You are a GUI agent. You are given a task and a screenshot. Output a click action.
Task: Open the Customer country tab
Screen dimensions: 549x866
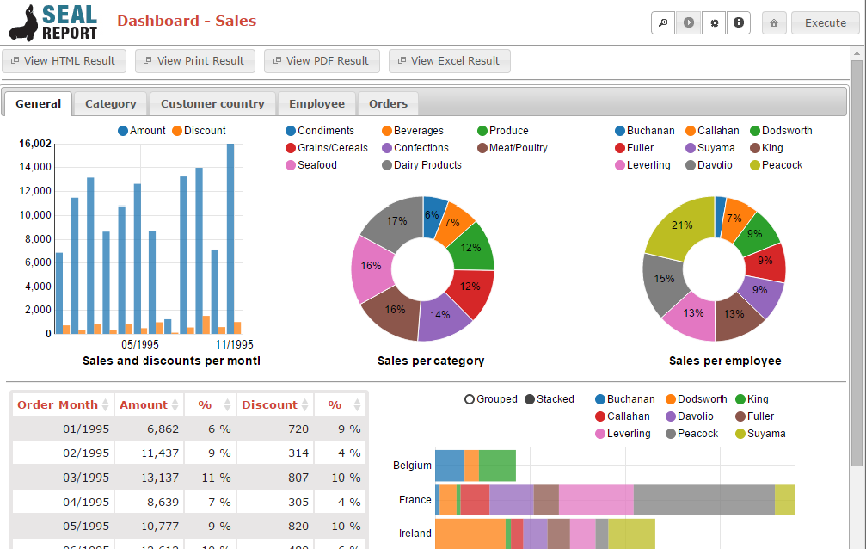click(x=212, y=104)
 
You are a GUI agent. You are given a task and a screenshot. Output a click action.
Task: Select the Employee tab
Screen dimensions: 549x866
click(x=316, y=104)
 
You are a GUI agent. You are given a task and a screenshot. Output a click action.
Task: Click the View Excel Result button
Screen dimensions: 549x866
click(x=449, y=61)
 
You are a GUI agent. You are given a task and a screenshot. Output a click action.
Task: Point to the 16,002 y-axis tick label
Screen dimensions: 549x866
click(x=34, y=144)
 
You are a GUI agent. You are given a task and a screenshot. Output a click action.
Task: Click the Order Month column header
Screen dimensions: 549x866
click(x=58, y=404)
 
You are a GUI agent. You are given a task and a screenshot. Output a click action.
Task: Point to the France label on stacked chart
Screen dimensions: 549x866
click(x=415, y=500)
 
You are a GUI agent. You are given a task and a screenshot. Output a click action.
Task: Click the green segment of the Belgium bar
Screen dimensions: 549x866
click(x=497, y=466)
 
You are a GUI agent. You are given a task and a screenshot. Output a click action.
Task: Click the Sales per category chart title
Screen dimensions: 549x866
click(x=431, y=361)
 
